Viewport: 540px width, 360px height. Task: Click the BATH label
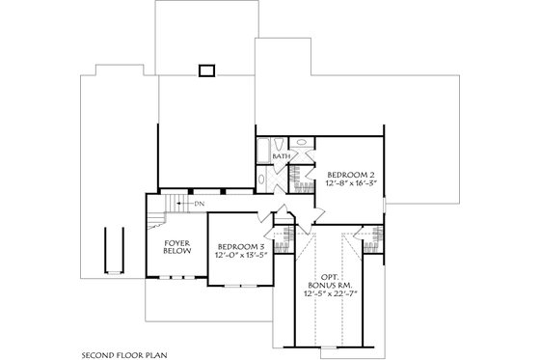(x=282, y=155)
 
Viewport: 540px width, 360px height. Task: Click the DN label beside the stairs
(x=199, y=204)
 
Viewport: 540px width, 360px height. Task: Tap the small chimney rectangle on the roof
(x=205, y=69)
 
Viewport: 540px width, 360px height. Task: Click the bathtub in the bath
(x=262, y=153)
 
